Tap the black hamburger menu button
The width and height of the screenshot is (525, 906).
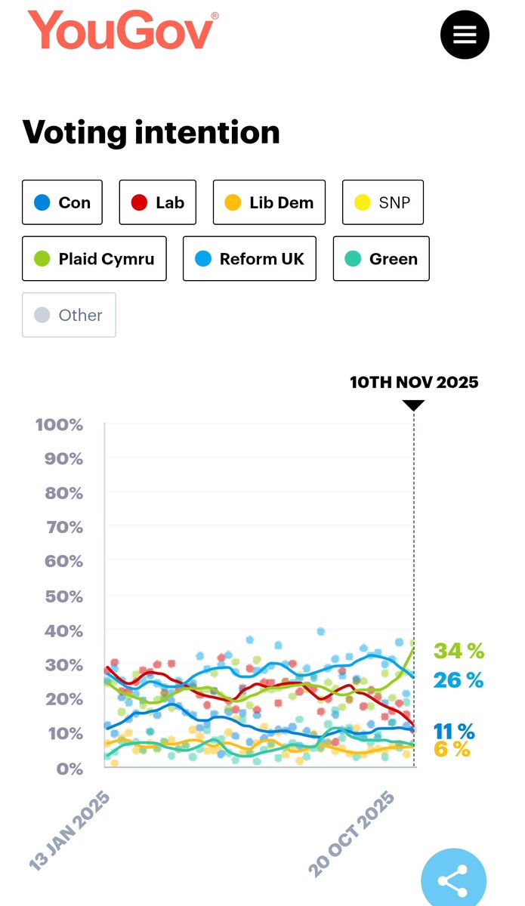465,34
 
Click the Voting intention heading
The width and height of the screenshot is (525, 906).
151,132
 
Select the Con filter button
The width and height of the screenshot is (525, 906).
62,202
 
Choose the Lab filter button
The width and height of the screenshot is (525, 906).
158,202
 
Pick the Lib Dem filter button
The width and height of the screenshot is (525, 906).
269,202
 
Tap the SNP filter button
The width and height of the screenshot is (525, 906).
383,202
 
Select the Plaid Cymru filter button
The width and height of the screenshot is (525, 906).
94,259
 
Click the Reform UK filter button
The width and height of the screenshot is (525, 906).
249,259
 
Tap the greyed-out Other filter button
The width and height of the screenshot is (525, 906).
69,315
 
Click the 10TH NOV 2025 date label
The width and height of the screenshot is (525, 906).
414,382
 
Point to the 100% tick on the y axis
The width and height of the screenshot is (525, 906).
59,424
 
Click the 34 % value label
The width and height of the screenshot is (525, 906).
459,651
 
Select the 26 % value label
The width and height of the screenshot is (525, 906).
459,680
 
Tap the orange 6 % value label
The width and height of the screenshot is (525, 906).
452,749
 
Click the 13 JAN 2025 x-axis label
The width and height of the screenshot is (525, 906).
69,830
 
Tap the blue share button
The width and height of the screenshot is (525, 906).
453,880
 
